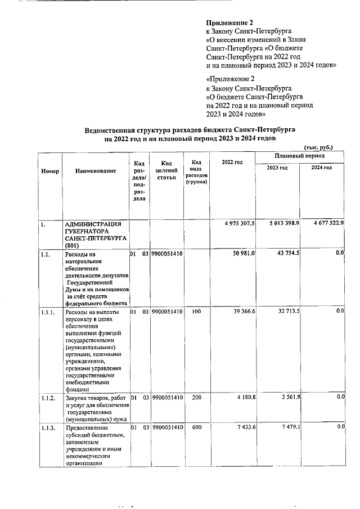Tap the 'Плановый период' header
(x=299, y=155)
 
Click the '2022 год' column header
(x=232, y=163)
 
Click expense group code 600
(x=192, y=428)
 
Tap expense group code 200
(x=192, y=398)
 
